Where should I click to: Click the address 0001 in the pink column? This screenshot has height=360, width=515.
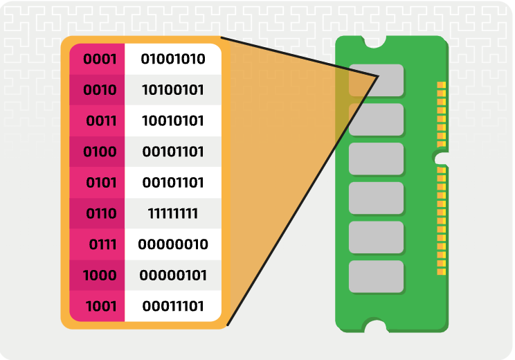coord(100,60)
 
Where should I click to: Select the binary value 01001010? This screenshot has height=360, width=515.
coord(173,60)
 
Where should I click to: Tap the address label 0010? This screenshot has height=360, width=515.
coord(100,90)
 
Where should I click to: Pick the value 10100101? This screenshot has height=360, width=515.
coord(173,90)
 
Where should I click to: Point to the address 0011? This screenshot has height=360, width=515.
coord(101,121)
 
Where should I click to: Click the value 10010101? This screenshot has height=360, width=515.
coord(173,121)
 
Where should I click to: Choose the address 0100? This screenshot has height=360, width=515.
coord(100,152)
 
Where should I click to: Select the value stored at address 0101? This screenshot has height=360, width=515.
coord(173,183)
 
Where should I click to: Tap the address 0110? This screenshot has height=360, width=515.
coord(101,213)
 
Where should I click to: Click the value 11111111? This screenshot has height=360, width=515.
coord(173,213)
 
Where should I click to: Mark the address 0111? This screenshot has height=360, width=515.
coord(102,244)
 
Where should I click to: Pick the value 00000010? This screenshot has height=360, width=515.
coord(173,244)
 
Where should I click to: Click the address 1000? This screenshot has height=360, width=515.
coord(100,276)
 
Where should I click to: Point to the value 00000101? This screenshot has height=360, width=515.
coord(173,276)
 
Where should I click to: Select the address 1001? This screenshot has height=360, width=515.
coord(101,306)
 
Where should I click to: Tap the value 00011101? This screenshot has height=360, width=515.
coord(173,306)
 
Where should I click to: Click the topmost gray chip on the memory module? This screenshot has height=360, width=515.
coord(376,80)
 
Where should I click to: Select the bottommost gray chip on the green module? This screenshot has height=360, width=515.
coord(376,276)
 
